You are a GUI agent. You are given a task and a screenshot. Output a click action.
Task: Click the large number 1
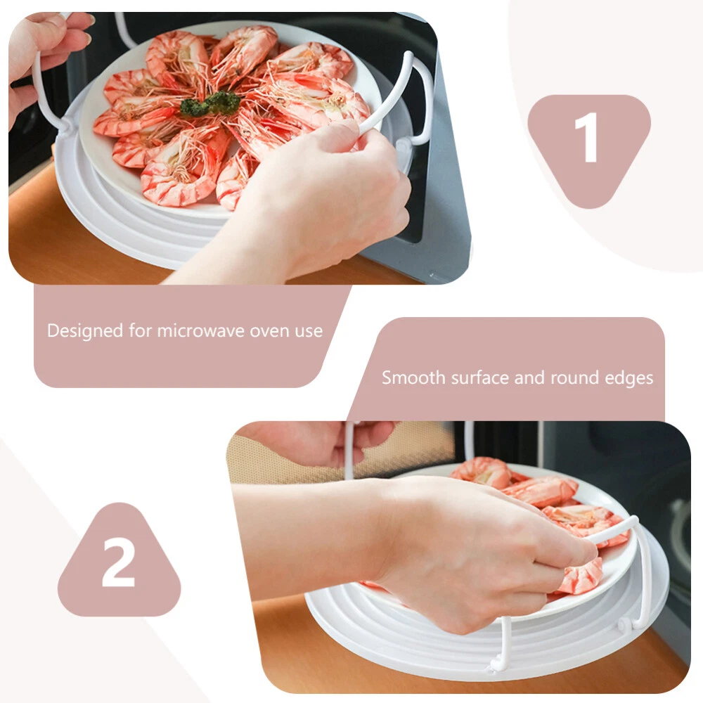tap(587, 138)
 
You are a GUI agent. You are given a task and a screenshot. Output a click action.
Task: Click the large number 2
tap(118, 562)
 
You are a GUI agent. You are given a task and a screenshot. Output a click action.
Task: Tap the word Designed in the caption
tap(85, 331)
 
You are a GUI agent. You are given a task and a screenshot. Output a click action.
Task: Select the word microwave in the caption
tap(200, 331)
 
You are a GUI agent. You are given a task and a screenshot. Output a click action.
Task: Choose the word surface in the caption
tap(480, 378)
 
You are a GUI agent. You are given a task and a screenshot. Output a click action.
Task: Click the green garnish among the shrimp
tap(209, 104)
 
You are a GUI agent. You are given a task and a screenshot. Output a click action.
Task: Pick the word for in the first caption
tap(141, 330)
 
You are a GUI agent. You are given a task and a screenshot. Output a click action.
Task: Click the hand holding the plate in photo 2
tap(449, 543)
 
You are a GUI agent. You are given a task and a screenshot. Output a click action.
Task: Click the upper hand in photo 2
tap(314, 444)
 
